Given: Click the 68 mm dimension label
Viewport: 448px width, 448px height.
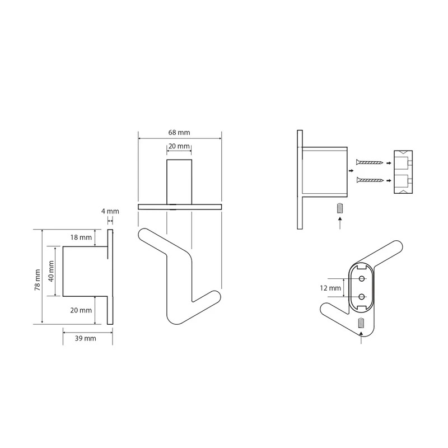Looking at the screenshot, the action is pos(179,133).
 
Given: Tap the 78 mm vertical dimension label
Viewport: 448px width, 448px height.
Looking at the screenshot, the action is pos(38,279).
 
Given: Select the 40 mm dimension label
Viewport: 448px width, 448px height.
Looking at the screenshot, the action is pos(51,271).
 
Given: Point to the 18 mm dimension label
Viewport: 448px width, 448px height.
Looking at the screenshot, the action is pos(81,237).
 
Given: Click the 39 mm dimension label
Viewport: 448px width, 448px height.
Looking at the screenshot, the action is pos(86,339).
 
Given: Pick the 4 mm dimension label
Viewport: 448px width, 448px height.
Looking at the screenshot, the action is pos(110,212).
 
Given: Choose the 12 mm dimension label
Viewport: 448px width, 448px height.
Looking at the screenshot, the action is pos(330,288).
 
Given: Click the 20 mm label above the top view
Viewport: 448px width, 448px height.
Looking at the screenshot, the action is pos(179,146).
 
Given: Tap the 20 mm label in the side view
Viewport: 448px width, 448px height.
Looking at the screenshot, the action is pos(81,310).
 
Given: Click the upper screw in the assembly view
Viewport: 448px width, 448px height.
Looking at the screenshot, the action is pos(370,162).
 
